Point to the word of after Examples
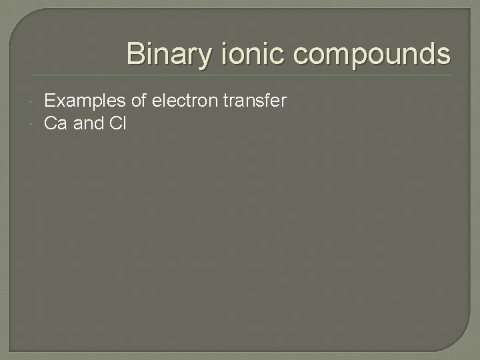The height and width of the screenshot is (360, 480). tap(140, 101)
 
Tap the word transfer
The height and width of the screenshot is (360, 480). tap(256, 101)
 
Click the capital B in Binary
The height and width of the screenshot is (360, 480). tap(135, 53)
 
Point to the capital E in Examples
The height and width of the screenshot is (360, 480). tap(49, 101)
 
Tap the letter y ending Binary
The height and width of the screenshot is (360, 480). tap(195, 56)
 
